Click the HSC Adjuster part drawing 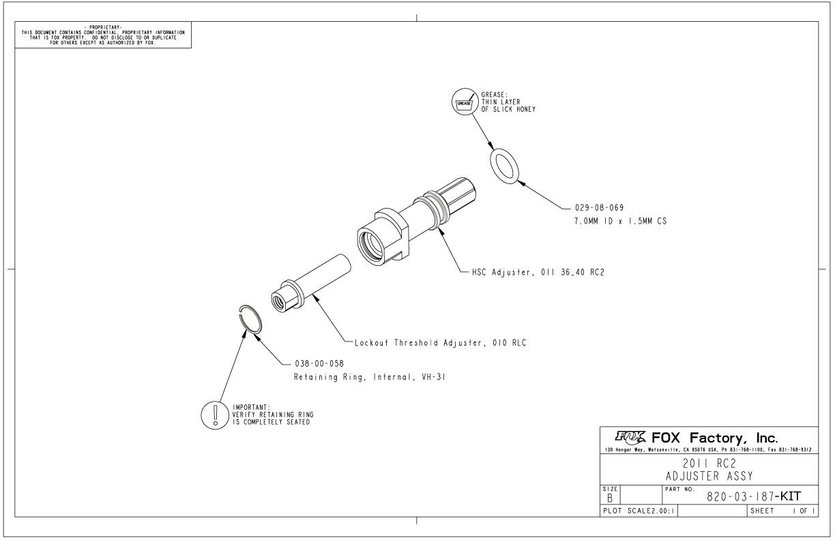409,218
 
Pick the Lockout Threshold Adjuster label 440,343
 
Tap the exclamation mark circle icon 216,414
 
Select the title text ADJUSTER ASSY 709,476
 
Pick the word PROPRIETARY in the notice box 104,27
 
